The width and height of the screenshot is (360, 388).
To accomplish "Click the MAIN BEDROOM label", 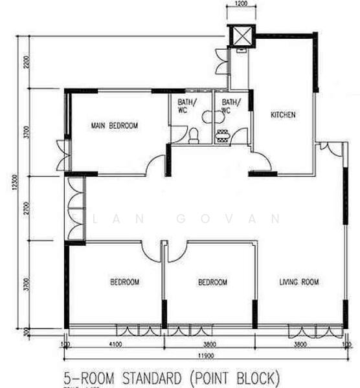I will pyautogui.click(x=114, y=125).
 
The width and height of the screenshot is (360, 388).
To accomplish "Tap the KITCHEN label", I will pyautogui.click(x=283, y=114).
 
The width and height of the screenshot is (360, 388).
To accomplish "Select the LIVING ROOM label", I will pyautogui.click(x=298, y=282).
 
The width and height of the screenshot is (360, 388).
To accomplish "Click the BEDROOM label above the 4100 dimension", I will pyautogui.click(x=124, y=282).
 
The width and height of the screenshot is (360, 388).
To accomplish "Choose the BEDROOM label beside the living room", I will pyautogui.click(x=212, y=283).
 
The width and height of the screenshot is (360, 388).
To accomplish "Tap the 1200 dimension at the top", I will pyautogui.click(x=241, y=5).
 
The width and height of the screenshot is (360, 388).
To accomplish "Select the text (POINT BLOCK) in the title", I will pyautogui.click(x=234, y=376).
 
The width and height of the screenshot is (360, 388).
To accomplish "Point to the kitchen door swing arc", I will pyautogui.click(x=258, y=160).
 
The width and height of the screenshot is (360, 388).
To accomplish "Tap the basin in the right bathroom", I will pyautogui.click(x=223, y=135).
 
